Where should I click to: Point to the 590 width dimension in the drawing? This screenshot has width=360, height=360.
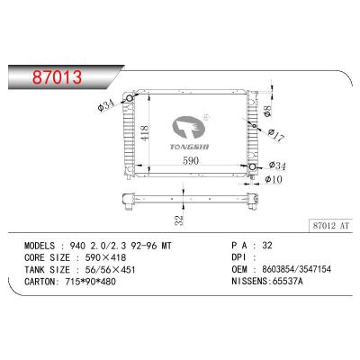[191, 161]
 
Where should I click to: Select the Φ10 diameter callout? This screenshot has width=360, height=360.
[274, 178]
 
